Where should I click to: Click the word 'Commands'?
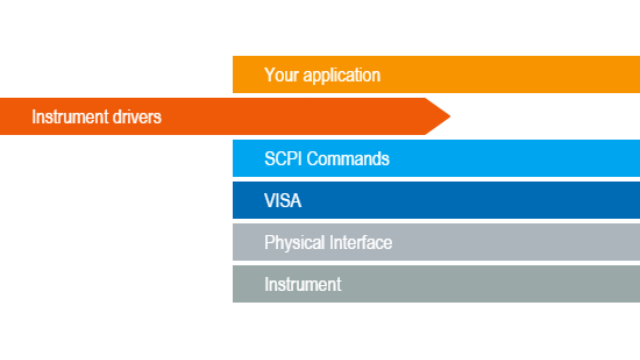(348, 159)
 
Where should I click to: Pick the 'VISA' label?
(283, 201)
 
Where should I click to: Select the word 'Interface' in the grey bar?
(361, 243)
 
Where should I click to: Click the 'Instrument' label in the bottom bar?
(302, 285)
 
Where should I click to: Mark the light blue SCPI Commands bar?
(500, 159)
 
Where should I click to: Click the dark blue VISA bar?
(500, 200)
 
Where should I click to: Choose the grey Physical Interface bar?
(500, 242)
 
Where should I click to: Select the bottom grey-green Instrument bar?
(500, 284)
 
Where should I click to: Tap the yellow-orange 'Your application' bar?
(500, 75)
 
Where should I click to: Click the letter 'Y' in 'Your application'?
(269, 75)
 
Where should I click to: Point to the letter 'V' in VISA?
(269, 201)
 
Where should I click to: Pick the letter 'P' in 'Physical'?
(269, 243)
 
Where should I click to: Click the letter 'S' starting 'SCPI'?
(269, 159)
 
